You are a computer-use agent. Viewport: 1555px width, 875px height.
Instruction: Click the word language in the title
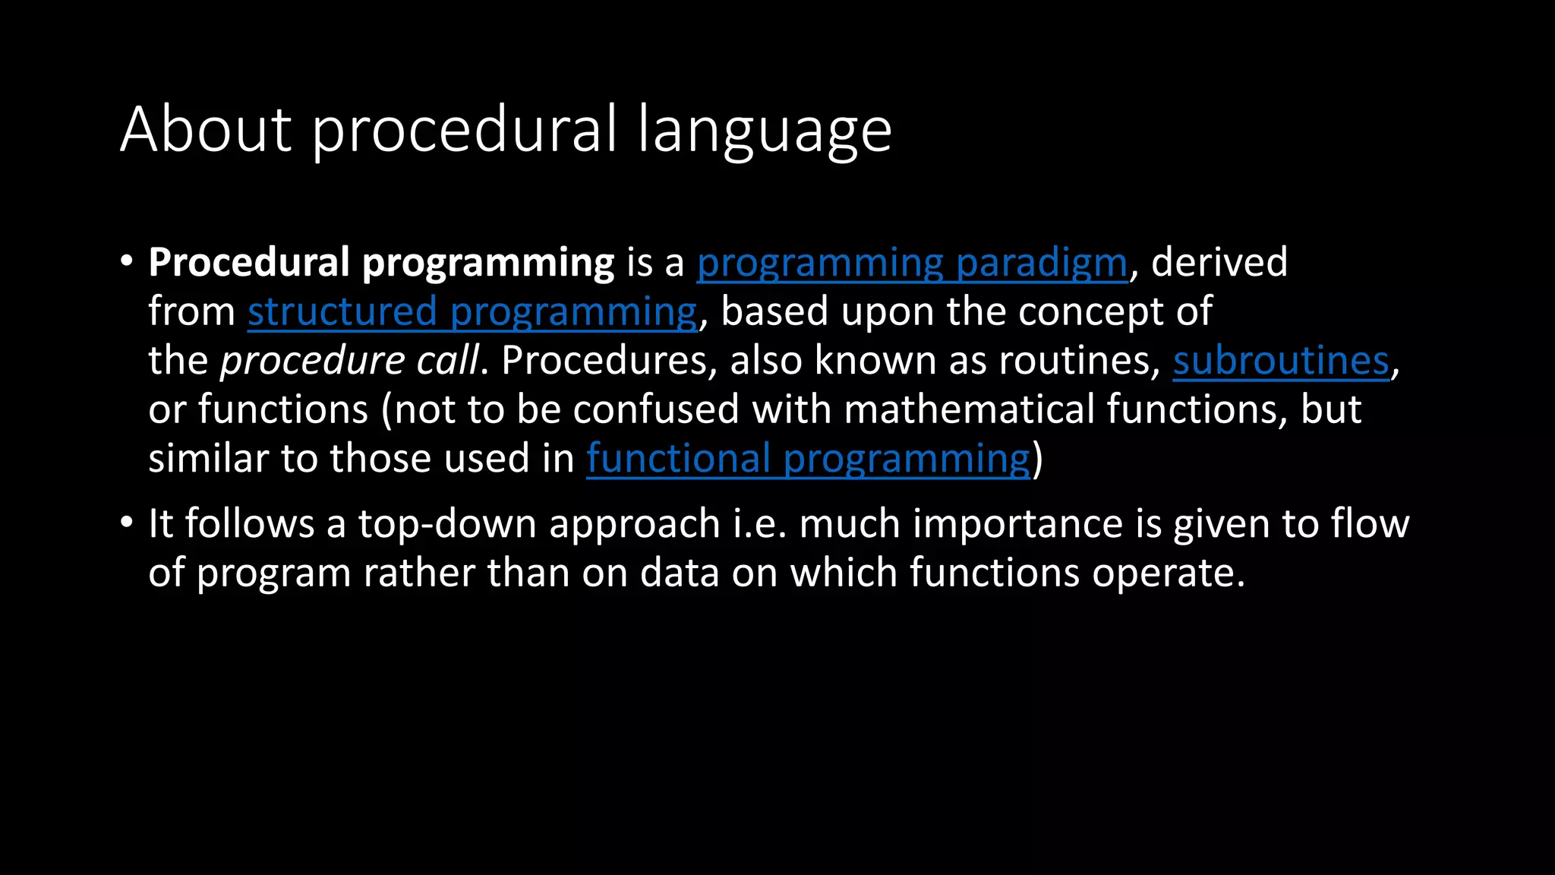[x=765, y=131]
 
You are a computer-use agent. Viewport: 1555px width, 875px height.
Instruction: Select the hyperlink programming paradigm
[x=912, y=263]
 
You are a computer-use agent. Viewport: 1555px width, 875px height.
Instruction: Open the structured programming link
[x=472, y=312]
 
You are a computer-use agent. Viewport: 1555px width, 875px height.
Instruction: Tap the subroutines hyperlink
[x=1281, y=361]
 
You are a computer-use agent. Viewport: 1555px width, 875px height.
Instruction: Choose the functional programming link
[x=808, y=459]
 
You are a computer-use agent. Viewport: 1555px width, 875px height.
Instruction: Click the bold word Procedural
[x=249, y=263]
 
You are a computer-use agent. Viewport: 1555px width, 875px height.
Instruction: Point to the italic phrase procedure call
[x=350, y=361]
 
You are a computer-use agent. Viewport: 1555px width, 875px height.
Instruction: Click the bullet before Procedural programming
[x=127, y=262]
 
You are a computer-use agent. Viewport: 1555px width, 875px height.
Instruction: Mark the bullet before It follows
[x=127, y=523]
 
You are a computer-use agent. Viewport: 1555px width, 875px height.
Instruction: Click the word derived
[x=1219, y=263]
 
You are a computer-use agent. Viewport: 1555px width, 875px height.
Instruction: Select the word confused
[x=656, y=409]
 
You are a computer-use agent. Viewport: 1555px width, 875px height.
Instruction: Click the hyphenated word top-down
[x=447, y=524]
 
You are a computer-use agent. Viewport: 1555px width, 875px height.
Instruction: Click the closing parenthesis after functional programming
[x=1038, y=459]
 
